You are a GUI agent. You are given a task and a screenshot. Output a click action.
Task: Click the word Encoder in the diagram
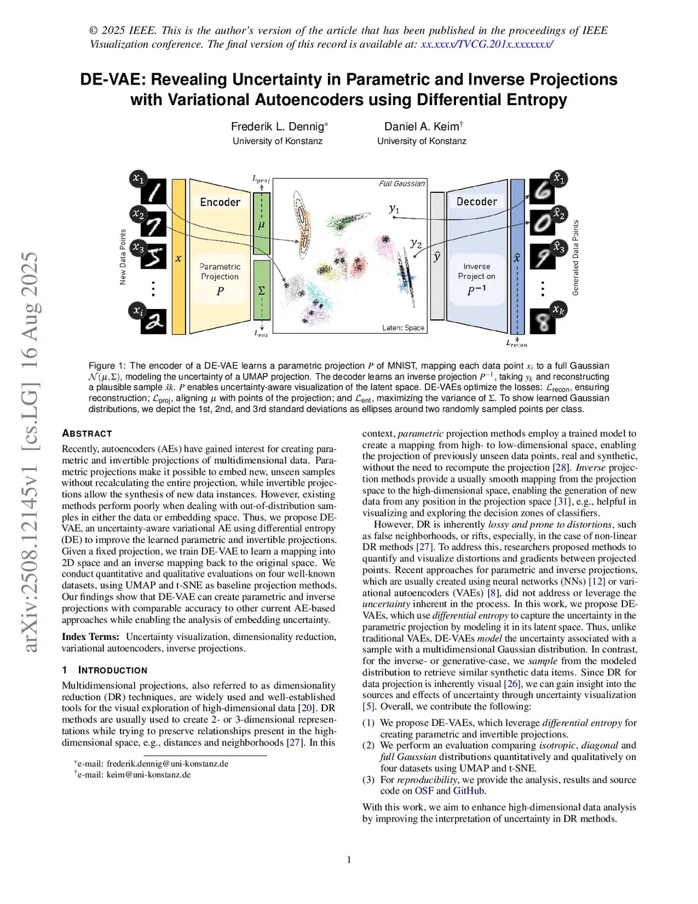(219, 202)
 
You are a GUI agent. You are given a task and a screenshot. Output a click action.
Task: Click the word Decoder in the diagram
(476, 201)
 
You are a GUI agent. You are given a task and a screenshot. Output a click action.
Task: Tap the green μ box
(261, 224)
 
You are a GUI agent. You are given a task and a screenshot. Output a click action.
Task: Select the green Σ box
(261, 290)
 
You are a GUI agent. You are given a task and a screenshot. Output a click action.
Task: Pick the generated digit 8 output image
(543, 321)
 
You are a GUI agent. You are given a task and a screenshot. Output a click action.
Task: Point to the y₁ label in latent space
(394, 209)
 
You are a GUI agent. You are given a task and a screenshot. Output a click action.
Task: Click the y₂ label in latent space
(416, 243)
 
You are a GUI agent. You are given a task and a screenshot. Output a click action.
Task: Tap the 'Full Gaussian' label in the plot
(401, 183)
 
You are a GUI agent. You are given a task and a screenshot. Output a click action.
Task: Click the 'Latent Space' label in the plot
(403, 327)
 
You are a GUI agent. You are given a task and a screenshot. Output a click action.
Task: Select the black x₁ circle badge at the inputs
(138, 179)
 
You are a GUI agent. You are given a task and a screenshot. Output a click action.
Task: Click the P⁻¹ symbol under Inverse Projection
(476, 290)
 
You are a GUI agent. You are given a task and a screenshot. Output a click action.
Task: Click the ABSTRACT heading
(87, 433)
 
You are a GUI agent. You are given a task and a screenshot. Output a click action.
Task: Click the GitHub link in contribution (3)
(469, 791)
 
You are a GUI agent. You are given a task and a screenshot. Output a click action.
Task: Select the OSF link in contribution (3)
(424, 791)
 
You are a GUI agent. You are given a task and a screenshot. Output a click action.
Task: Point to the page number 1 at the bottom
(349, 860)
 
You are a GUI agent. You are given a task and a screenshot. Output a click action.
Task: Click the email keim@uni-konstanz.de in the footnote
(149, 774)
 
